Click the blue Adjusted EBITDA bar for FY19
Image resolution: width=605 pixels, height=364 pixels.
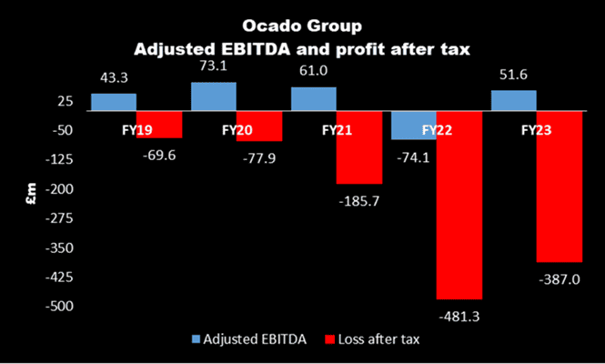pos(114,102)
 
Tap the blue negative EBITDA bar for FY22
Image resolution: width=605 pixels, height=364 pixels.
pos(414,126)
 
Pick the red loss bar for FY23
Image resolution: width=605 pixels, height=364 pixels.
pos(560,187)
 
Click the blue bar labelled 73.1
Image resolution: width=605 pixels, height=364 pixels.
pos(214,96)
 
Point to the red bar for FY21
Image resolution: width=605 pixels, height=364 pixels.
pos(359,147)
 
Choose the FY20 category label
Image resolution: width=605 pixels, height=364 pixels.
pos(237,130)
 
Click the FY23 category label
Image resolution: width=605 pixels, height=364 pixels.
pos(537,130)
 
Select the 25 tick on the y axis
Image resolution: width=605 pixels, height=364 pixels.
pos(66,102)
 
